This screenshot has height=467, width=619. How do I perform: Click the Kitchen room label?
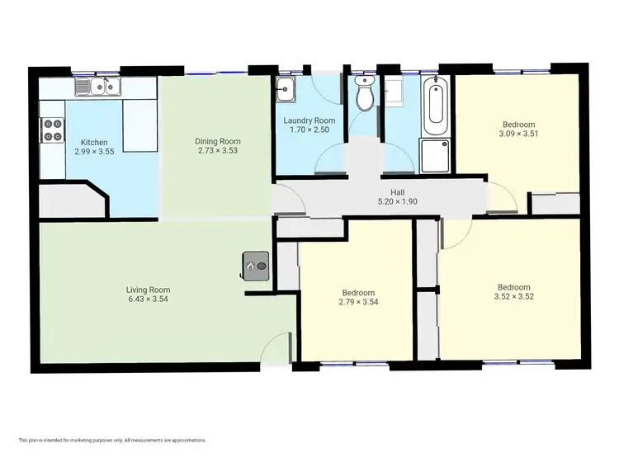(x=93, y=142)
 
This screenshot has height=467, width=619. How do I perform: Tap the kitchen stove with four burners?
(x=53, y=130)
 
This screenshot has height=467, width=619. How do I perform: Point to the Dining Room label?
(x=218, y=141)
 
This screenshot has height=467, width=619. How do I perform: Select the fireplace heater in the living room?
(x=256, y=266)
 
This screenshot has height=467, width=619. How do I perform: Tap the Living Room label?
(x=148, y=290)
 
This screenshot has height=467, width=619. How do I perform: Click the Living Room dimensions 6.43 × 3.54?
(x=148, y=300)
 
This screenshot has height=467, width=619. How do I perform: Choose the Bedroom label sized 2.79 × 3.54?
(x=358, y=293)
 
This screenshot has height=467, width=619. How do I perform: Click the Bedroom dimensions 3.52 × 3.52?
(x=508, y=297)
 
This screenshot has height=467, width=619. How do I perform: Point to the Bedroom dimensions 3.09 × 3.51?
(x=518, y=134)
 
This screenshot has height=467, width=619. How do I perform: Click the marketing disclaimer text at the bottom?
(x=111, y=441)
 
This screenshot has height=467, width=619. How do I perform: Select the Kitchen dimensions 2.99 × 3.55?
(x=93, y=152)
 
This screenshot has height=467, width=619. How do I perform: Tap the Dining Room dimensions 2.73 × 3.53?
(x=218, y=151)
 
